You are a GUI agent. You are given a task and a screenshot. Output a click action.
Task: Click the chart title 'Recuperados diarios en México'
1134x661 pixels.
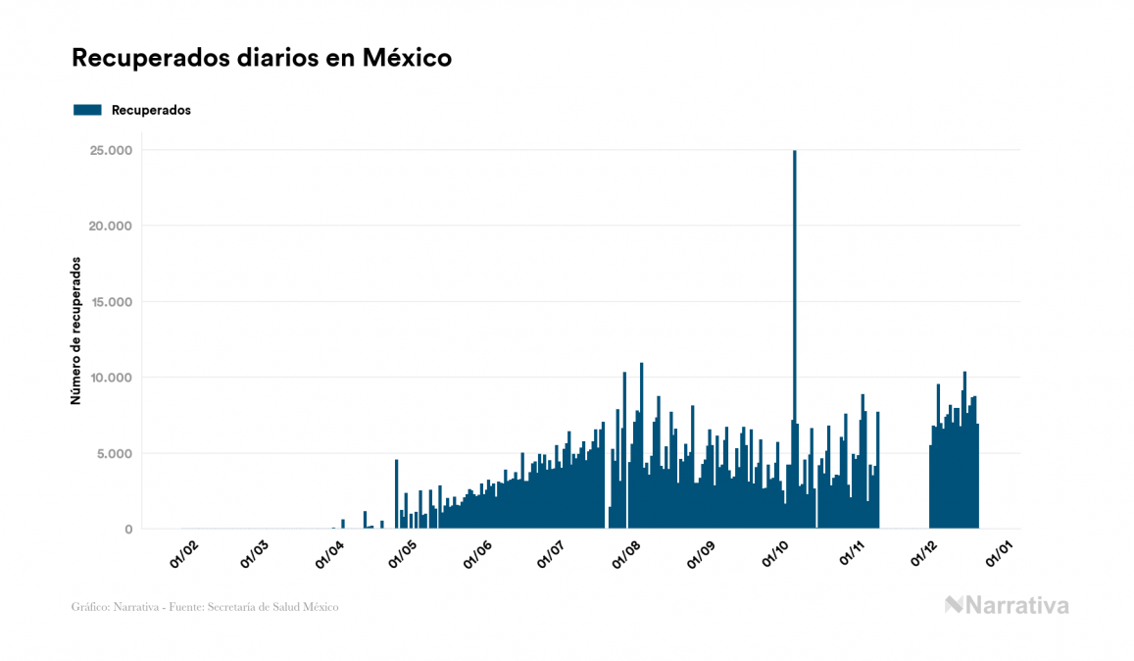click(x=262, y=58)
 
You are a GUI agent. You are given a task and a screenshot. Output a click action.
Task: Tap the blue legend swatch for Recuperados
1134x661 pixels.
click(x=87, y=110)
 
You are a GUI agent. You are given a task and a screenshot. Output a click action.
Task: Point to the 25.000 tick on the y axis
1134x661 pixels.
click(x=111, y=150)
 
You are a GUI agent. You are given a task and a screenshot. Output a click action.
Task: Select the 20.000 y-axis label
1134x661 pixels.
click(x=111, y=226)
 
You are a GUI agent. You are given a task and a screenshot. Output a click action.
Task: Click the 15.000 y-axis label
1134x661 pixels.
click(x=111, y=302)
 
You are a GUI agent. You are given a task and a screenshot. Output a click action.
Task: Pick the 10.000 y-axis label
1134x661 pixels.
click(x=111, y=378)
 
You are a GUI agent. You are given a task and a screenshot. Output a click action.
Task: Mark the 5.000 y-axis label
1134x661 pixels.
click(x=115, y=453)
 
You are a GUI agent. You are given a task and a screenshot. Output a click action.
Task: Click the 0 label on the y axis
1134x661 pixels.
click(x=128, y=530)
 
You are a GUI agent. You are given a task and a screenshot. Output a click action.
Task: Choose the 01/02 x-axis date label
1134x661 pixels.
click(x=183, y=555)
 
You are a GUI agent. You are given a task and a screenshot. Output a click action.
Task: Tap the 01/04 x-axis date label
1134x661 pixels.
click(x=330, y=555)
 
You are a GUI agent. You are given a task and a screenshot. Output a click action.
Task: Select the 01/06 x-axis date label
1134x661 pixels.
click(x=477, y=555)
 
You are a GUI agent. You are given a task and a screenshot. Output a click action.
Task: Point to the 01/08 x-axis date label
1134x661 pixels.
click(x=625, y=555)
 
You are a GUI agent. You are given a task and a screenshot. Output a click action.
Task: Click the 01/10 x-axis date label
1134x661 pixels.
click(x=777, y=555)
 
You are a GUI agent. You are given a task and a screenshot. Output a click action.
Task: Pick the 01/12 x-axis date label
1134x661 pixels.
click(x=926, y=555)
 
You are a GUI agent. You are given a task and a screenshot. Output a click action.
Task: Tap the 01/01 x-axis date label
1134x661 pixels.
click(x=1001, y=555)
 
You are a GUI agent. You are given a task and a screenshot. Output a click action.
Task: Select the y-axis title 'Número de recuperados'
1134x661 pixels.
click(x=75, y=331)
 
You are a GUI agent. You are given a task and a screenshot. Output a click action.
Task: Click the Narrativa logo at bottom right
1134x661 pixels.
click(x=1007, y=605)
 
